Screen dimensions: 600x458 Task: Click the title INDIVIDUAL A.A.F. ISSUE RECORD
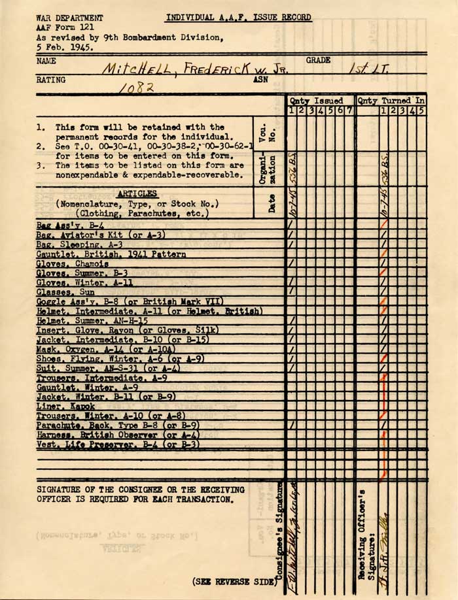[239, 18]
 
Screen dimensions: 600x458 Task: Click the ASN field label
[261, 80]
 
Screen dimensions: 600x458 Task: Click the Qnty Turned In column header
[392, 101]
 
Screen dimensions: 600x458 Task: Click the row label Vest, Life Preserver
[118, 444]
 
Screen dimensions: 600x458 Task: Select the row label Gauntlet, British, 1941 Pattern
[111, 253]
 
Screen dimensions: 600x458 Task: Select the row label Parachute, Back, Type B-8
[118, 425]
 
